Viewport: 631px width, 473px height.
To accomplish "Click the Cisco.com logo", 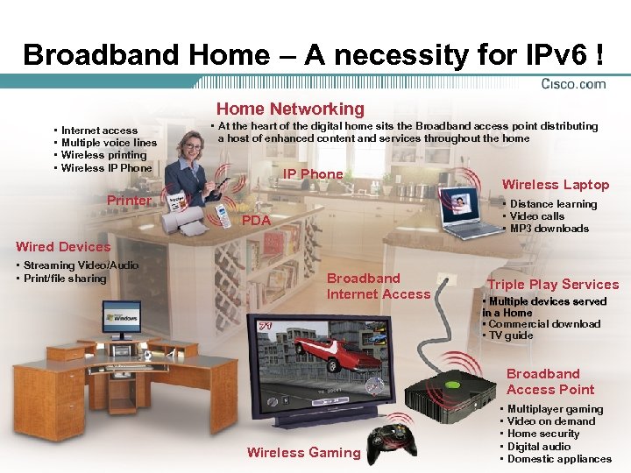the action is [x=574, y=84].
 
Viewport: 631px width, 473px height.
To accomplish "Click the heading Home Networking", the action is [x=290, y=109].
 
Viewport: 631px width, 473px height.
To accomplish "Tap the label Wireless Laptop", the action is [x=555, y=184].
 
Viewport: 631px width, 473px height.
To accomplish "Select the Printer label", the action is [x=129, y=201].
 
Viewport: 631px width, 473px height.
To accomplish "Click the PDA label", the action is [x=256, y=221].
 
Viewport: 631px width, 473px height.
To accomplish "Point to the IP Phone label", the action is [x=313, y=173].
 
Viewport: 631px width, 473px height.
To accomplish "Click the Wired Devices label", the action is [x=63, y=246].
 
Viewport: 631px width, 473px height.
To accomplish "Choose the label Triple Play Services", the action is [x=553, y=284].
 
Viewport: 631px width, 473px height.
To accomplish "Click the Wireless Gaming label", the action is [x=303, y=452].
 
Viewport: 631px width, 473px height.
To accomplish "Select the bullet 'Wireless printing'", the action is [x=103, y=155].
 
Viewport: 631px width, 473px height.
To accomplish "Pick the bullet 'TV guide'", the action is [x=510, y=335].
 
